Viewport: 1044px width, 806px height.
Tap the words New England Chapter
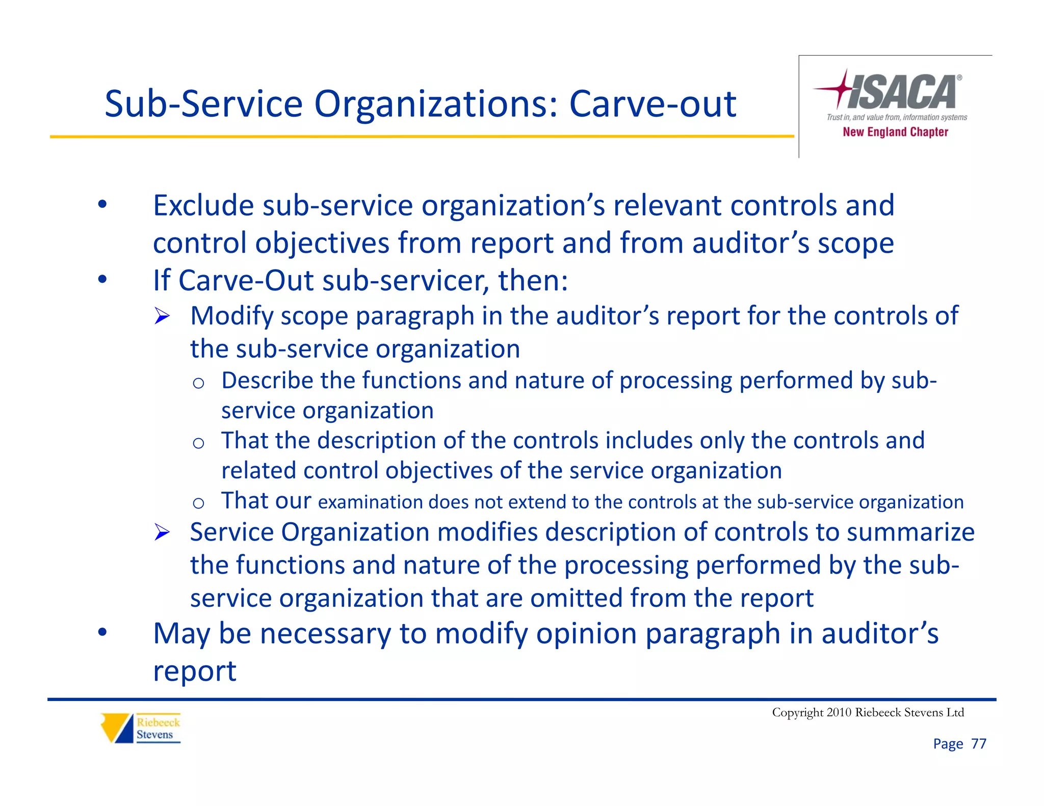(x=895, y=132)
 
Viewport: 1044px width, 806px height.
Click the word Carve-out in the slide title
(x=652, y=104)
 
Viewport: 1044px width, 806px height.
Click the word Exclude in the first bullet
(x=203, y=206)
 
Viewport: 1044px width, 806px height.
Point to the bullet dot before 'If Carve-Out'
(x=103, y=280)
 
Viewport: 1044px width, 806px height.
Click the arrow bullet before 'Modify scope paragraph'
(x=162, y=316)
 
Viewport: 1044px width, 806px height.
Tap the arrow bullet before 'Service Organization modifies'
(x=162, y=532)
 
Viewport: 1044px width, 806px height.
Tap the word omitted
(x=577, y=598)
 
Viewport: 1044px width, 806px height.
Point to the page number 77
(x=978, y=744)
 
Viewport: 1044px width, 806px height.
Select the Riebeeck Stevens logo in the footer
(x=141, y=728)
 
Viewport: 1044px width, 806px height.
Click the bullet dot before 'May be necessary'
(x=103, y=633)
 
